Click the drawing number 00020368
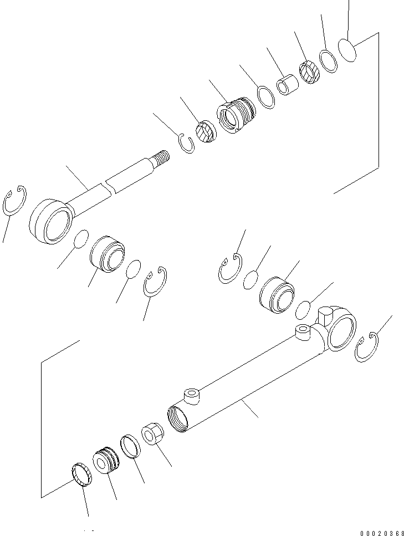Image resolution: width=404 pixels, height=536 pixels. pyautogui.click(x=382, y=533)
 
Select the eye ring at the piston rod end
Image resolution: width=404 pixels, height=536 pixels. pyautogui.click(x=49, y=221)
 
